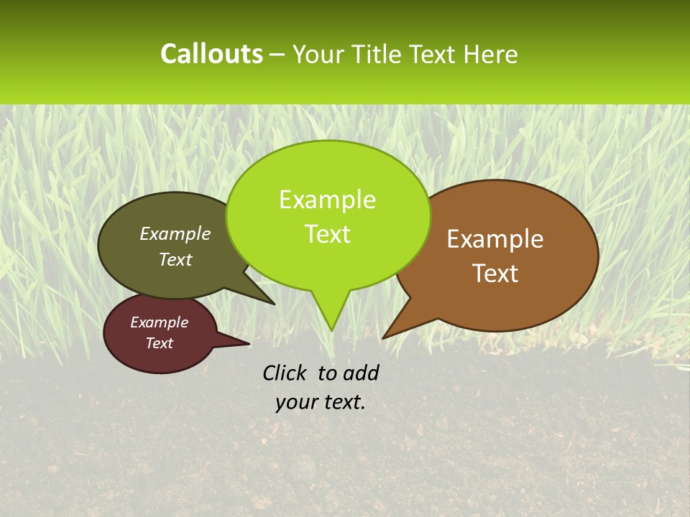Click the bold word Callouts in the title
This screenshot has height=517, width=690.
(211, 54)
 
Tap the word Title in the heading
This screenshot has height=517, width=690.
(378, 54)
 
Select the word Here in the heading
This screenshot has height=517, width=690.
(491, 54)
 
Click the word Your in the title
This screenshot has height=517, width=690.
(320, 54)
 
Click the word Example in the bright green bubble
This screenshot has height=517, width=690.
(327, 200)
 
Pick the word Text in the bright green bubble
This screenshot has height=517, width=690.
(327, 234)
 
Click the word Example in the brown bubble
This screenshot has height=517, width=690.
(495, 239)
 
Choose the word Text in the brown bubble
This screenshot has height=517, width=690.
(495, 273)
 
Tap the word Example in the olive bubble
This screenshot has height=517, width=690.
(175, 234)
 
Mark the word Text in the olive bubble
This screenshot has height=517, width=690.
(175, 259)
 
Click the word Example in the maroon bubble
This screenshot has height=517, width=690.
(160, 322)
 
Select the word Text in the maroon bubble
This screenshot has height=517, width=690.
(160, 343)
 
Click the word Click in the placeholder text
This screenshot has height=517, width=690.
(285, 373)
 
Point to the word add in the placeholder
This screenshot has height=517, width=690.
(360, 373)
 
